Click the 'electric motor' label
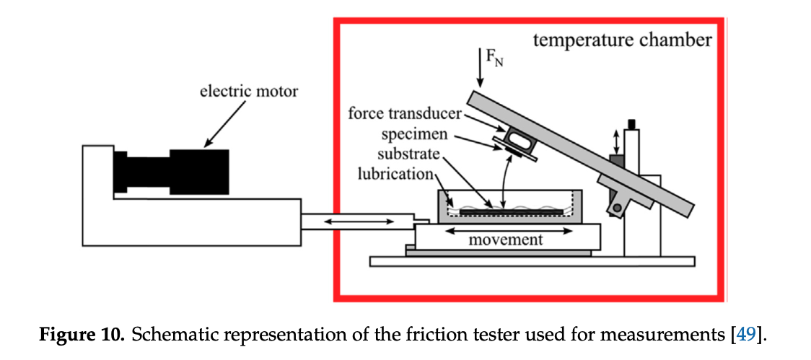(x=249, y=92)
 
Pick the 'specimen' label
(x=417, y=134)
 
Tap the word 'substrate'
(x=409, y=154)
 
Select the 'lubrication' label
(x=395, y=175)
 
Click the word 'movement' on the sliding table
(x=505, y=239)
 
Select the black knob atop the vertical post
(x=634, y=125)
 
